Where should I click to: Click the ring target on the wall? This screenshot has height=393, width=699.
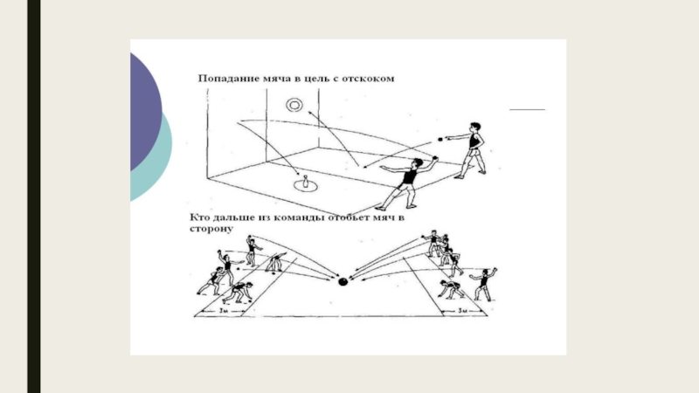point(294,106)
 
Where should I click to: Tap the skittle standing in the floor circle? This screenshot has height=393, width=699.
point(306,183)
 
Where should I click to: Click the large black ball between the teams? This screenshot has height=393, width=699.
point(343,281)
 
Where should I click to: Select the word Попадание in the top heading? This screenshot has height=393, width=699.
point(230,79)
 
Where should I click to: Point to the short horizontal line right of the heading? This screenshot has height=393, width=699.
point(527,109)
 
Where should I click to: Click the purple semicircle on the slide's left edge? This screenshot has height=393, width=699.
point(145,109)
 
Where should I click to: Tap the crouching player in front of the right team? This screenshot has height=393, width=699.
point(452,288)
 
